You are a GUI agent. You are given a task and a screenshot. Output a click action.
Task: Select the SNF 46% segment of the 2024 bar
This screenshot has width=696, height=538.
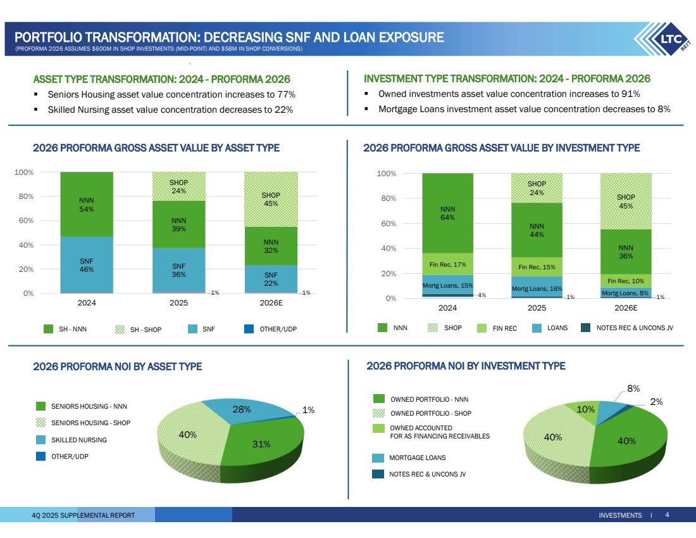(x=87, y=264)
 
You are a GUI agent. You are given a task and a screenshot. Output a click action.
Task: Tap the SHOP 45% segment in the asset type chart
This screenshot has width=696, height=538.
(x=271, y=199)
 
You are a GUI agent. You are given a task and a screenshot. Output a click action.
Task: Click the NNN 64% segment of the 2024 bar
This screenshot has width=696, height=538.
(x=447, y=213)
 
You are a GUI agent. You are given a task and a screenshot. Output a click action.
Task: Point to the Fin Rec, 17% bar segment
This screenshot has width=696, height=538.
(x=447, y=264)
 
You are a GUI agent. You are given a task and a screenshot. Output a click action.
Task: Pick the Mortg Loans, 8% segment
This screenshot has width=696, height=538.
(x=626, y=293)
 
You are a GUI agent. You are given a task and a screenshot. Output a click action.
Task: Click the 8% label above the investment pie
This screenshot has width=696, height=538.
(x=633, y=388)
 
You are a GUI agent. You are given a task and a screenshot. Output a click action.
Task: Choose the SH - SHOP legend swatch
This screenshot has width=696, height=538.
(x=120, y=329)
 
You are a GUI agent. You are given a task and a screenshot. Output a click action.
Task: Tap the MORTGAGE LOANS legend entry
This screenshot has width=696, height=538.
(x=418, y=458)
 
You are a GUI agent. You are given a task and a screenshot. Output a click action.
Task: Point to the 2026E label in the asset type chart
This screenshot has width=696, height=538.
(x=271, y=304)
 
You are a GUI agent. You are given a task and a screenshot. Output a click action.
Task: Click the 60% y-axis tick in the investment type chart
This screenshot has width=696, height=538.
(x=387, y=223)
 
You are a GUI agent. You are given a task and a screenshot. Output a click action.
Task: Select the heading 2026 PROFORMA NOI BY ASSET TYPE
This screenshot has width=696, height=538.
(x=117, y=366)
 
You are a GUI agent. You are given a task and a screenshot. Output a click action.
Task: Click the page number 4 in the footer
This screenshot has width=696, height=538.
(x=667, y=515)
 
